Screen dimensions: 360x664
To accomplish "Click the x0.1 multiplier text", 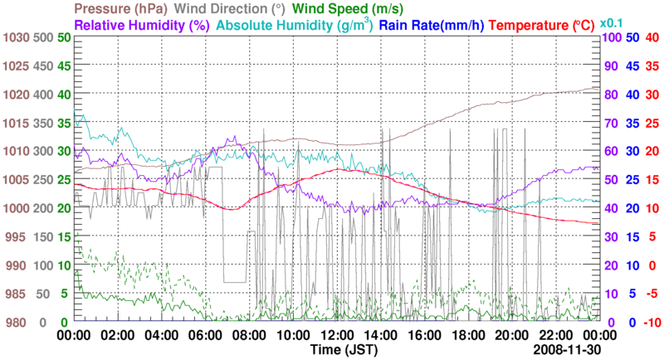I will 611,23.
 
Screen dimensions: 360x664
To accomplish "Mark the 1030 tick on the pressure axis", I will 16,38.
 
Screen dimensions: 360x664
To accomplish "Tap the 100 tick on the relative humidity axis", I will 611,38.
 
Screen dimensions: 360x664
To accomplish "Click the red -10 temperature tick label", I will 649,322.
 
